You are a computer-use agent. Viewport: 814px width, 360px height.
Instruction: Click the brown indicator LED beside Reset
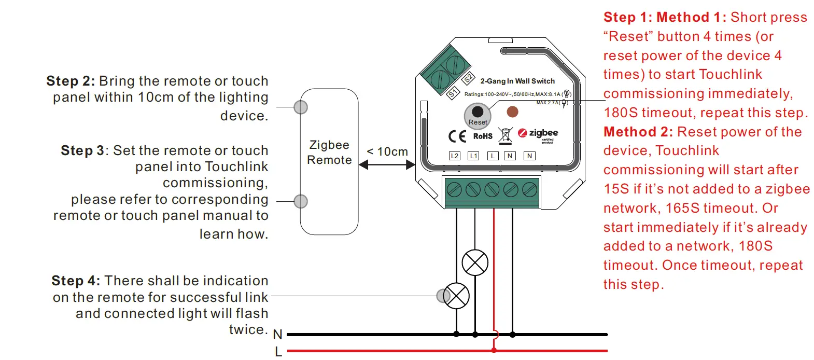(512, 112)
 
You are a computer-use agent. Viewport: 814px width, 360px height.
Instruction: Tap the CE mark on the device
(457, 136)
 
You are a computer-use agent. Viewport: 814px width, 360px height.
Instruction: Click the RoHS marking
(483, 136)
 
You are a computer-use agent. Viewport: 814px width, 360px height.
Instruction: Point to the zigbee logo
(538, 134)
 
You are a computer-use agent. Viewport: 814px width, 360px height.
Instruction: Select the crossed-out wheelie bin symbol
(505, 135)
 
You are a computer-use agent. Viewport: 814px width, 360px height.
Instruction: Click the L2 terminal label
(454, 156)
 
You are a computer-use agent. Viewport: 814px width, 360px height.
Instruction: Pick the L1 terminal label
(473, 156)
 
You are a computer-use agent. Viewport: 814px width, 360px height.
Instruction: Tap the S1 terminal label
(453, 93)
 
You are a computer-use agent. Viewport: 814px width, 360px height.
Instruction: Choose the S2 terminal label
(468, 79)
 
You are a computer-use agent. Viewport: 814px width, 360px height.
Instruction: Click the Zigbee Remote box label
(329, 153)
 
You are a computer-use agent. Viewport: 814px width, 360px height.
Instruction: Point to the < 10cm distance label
(387, 152)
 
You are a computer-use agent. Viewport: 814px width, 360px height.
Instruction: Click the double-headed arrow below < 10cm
(387, 165)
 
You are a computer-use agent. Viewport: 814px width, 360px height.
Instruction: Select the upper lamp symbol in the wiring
(475, 262)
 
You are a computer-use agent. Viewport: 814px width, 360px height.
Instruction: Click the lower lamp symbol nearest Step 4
(456, 296)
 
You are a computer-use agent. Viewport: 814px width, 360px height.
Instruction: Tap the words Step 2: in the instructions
(71, 81)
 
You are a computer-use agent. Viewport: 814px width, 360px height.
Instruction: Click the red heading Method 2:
(638, 132)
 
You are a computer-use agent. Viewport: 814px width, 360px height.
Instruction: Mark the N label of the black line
(277, 335)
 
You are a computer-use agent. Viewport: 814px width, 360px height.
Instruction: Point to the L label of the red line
(278, 352)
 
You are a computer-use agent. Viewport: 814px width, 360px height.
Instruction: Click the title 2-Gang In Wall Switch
(517, 81)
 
